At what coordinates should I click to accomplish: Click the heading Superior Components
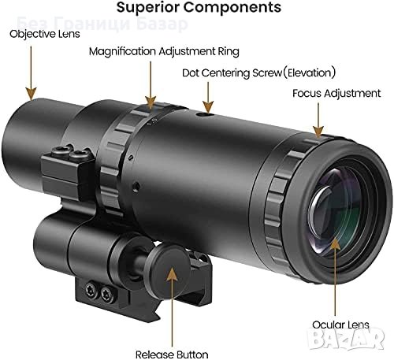click(198, 9)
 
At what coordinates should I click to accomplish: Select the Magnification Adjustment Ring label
click(163, 51)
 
